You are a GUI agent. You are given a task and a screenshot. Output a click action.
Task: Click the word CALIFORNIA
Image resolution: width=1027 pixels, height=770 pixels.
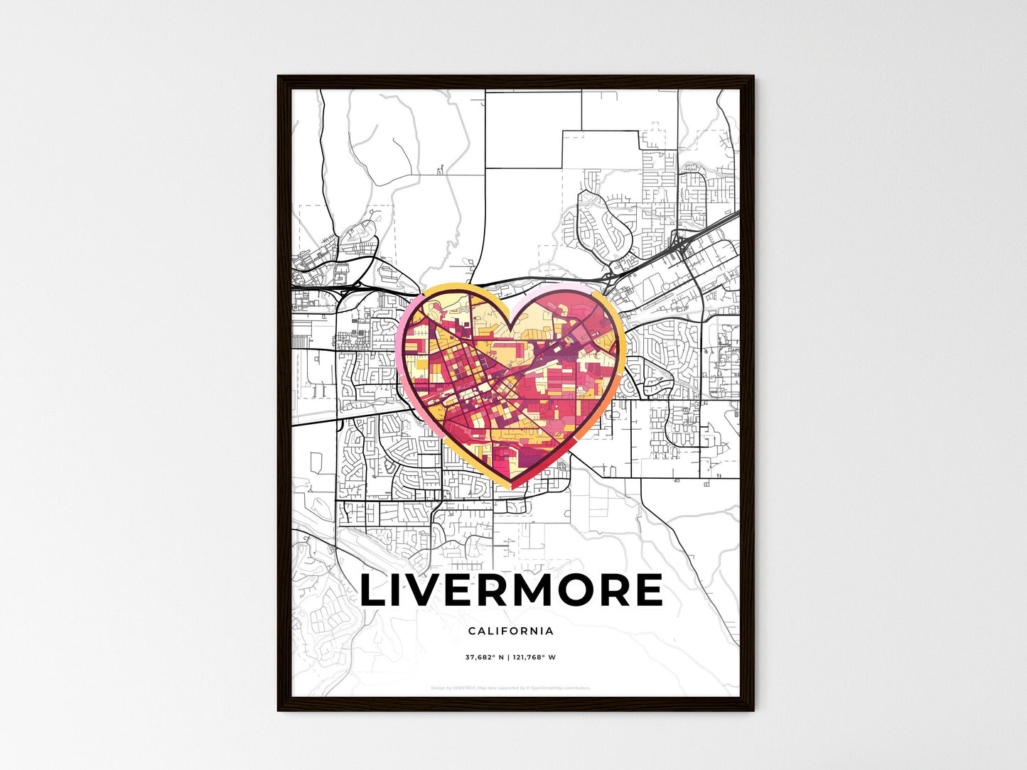511,631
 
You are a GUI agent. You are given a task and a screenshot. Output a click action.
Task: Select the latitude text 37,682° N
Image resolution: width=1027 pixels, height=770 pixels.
485,657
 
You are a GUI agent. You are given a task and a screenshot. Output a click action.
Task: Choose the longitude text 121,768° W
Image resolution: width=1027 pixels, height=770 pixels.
535,657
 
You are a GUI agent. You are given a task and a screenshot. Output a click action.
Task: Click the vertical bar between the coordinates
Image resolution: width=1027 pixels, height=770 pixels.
509,657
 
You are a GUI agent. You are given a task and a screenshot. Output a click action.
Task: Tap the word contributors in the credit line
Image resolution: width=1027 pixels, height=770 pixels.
576,688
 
